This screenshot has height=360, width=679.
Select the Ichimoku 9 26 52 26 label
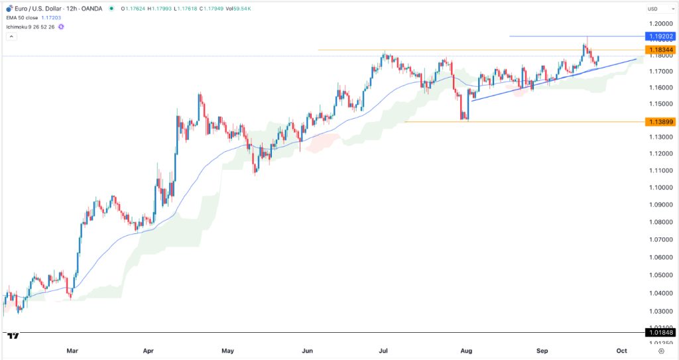32,27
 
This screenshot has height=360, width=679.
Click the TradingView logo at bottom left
12,335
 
